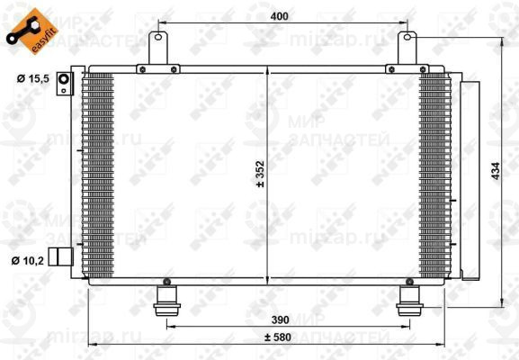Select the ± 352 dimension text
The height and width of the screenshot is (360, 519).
[261, 173]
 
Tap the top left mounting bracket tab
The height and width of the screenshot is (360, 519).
[160, 45]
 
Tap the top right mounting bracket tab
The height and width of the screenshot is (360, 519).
[408, 45]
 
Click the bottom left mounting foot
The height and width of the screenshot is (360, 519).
[166, 300]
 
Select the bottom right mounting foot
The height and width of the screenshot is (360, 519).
[410, 300]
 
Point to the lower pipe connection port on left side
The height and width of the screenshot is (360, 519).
[60, 256]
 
